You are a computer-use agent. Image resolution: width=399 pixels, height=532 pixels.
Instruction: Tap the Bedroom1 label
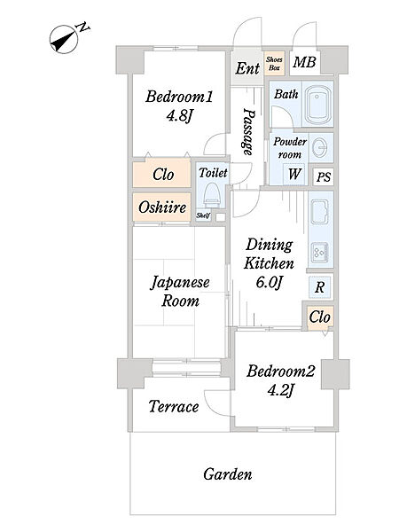point(179,97)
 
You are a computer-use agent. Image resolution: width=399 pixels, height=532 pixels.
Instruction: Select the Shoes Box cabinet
point(274,64)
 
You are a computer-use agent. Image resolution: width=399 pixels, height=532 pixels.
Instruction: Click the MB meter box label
point(304,62)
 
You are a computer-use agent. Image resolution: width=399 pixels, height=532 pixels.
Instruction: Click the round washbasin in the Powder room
point(319,148)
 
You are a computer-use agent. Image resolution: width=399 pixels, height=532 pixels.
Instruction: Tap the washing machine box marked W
point(293,174)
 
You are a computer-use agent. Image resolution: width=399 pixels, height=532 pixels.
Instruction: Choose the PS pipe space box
point(323,176)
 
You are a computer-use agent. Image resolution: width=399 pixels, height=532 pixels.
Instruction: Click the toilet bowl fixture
point(212,195)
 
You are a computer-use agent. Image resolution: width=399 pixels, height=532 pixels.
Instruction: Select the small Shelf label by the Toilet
point(203,215)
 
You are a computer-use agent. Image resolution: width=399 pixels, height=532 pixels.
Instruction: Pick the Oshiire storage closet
point(161,207)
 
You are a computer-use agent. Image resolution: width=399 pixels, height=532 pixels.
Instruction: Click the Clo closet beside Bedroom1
point(161,173)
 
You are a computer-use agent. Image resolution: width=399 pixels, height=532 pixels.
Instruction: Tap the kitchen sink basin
point(319,212)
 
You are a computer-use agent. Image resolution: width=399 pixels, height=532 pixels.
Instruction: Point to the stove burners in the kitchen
point(319,253)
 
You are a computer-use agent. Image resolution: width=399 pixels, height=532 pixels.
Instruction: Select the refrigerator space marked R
point(319,287)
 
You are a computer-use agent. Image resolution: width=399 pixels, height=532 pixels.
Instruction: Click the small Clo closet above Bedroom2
point(319,317)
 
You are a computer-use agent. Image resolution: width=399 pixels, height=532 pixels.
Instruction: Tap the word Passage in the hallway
point(248,131)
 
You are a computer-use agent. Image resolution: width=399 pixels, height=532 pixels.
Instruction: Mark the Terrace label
point(174,406)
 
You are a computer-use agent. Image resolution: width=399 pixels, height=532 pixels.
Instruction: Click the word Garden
point(228,474)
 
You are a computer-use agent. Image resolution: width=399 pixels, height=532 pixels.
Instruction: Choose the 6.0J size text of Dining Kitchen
point(269,282)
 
